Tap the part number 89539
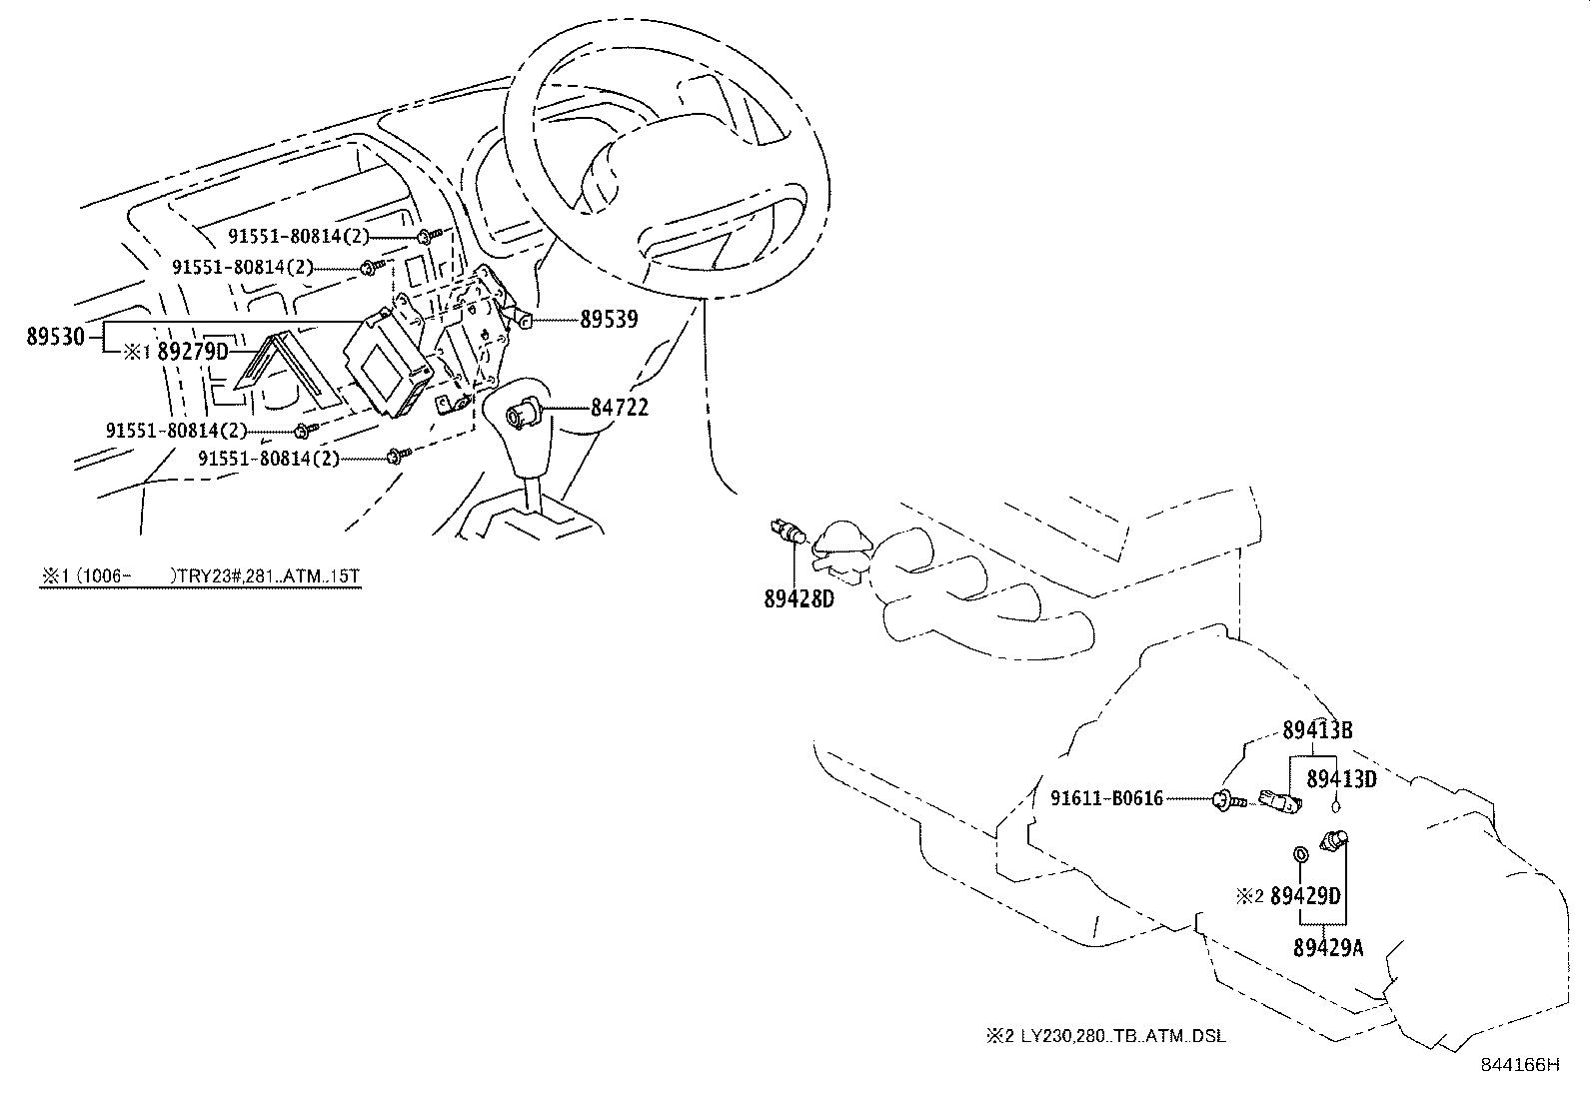[x=609, y=320]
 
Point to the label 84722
[x=619, y=408]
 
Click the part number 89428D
[x=798, y=599]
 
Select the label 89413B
[x=1317, y=730]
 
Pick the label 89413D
[x=1341, y=778]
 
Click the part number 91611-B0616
[x=1106, y=798]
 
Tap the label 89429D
[x=1304, y=896]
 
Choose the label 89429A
[x=1328, y=947]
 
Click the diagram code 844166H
[x=1519, y=1065]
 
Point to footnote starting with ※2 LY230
[x=1105, y=1036]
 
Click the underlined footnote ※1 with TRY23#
[x=200, y=576]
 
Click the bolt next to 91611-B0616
[x=1227, y=799]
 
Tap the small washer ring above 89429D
[x=1300, y=855]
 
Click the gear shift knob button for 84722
[x=523, y=411]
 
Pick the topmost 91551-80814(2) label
[x=298, y=237]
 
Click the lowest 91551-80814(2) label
[x=269, y=459]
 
